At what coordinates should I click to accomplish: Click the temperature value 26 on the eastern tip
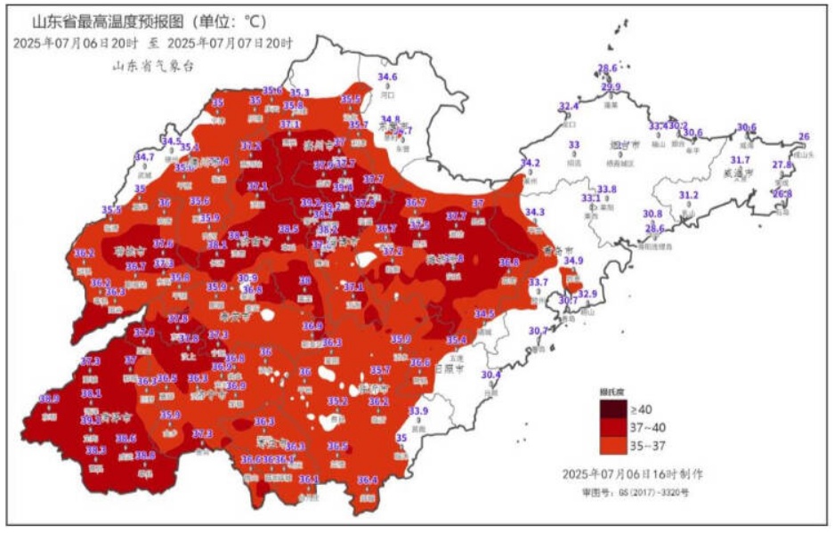[x=804, y=136]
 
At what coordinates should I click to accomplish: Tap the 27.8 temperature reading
[x=781, y=165]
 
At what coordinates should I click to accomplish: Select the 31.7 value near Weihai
[x=740, y=159]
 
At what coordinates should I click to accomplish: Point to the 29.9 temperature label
[x=611, y=87]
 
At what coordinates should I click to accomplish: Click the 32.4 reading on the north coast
[x=568, y=106]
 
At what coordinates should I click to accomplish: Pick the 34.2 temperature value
[x=530, y=163]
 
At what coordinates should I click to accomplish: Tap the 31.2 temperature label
[x=689, y=195]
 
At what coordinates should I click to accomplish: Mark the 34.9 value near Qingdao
[x=574, y=261]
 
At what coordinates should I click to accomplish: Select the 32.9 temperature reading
[x=587, y=294]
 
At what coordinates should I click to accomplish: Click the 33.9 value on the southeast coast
[x=418, y=410]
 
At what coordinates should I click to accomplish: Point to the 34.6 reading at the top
[x=389, y=78]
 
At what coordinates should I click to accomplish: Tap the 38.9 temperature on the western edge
[x=49, y=399]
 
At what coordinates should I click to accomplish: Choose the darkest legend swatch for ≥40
[x=613, y=409]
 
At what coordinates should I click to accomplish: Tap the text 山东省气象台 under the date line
[x=152, y=65]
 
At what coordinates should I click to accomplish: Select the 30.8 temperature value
[x=652, y=214]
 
